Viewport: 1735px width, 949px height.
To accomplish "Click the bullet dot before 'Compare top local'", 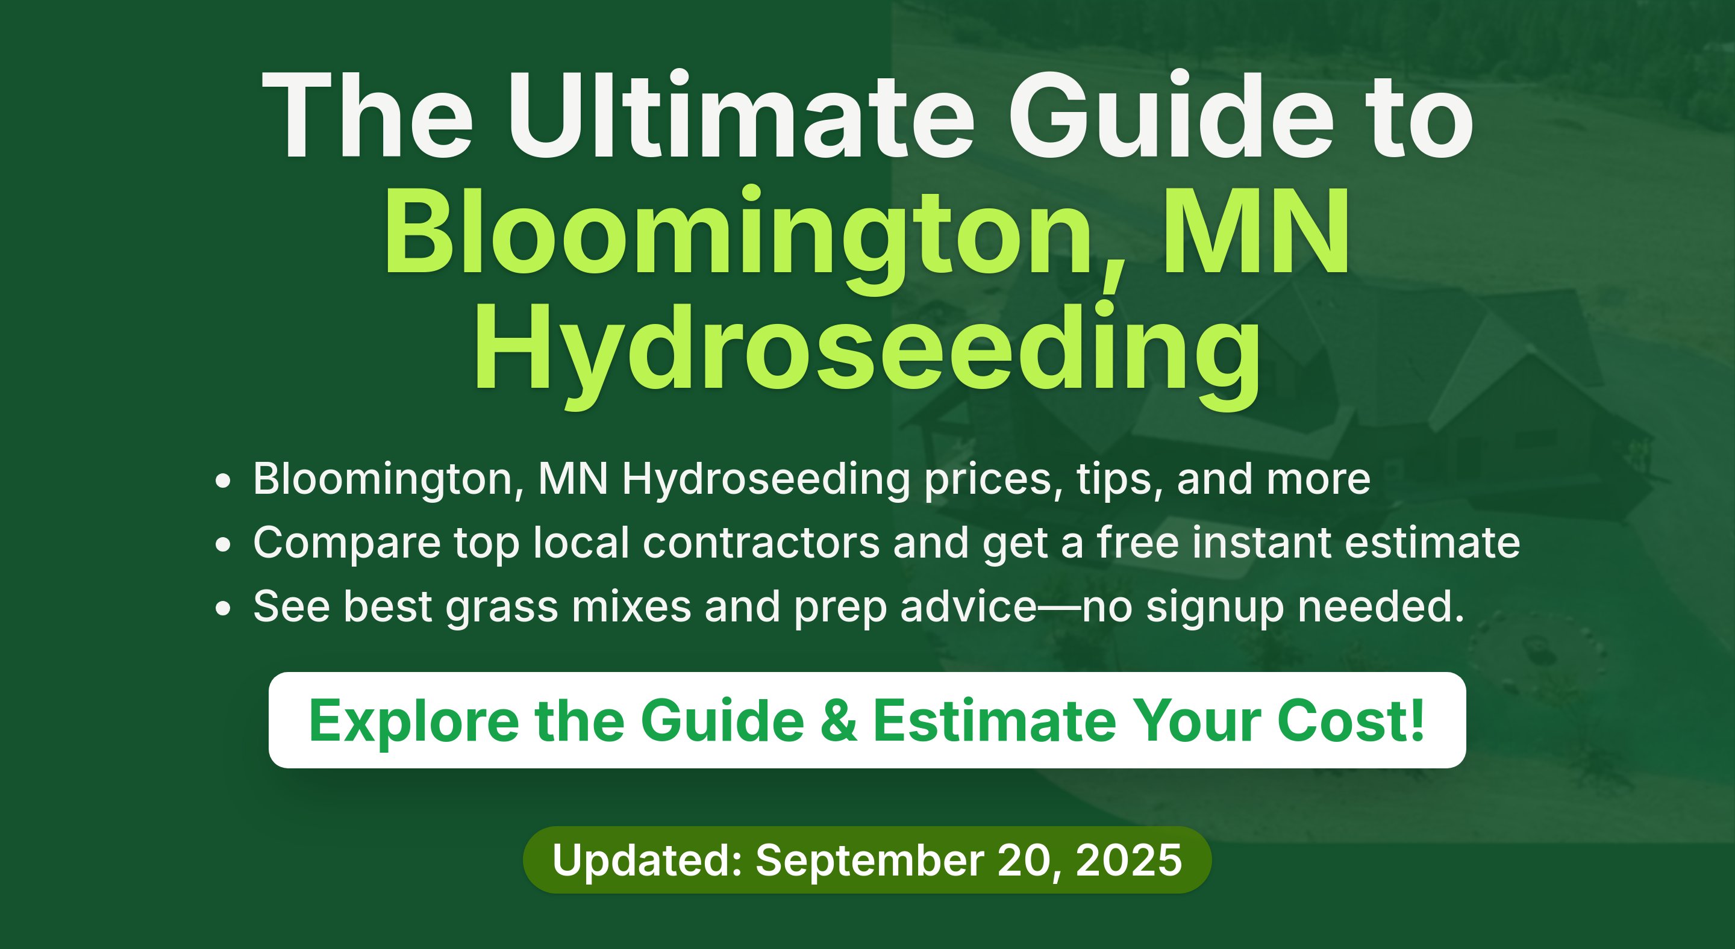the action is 223,544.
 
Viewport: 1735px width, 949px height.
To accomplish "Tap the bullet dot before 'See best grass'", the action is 223,608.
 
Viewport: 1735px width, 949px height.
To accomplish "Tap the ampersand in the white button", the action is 839,721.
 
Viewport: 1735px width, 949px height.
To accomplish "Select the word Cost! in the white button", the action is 1351,720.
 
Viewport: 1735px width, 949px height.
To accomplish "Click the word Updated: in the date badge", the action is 647,860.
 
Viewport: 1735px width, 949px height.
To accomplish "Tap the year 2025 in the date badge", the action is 1129,860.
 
